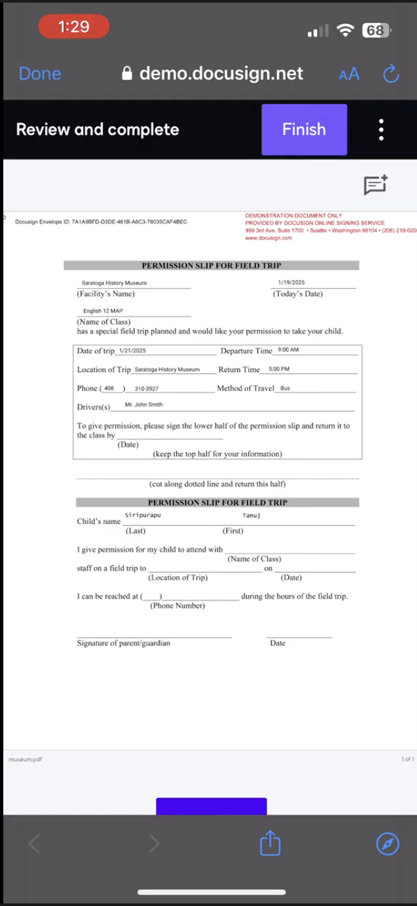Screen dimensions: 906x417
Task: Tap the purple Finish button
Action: click(x=304, y=130)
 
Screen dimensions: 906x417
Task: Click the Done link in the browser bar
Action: click(x=40, y=74)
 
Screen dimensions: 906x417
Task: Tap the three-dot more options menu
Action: click(x=381, y=130)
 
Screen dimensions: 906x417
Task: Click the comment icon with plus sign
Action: click(x=376, y=185)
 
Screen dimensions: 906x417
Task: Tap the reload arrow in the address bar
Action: click(x=391, y=74)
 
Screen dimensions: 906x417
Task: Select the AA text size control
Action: click(x=349, y=74)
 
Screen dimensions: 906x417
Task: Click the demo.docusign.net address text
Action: click(x=221, y=74)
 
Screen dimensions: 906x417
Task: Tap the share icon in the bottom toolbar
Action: click(x=270, y=843)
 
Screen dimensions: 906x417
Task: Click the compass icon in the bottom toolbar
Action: click(x=387, y=843)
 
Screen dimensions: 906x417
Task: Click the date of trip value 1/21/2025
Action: click(x=132, y=351)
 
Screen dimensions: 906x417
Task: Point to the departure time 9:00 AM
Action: click(x=288, y=350)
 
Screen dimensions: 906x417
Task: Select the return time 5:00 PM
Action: click(x=279, y=369)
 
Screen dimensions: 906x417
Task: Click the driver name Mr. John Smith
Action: click(x=143, y=404)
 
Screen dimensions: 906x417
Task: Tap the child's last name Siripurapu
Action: click(x=143, y=515)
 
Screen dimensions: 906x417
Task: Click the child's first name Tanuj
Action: click(x=251, y=515)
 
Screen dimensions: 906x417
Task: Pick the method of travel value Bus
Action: click(x=285, y=388)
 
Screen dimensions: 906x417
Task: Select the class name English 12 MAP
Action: click(x=103, y=311)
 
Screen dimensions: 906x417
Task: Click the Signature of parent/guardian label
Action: click(x=124, y=643)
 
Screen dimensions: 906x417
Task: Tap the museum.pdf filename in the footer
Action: click(x=26, y=759)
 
